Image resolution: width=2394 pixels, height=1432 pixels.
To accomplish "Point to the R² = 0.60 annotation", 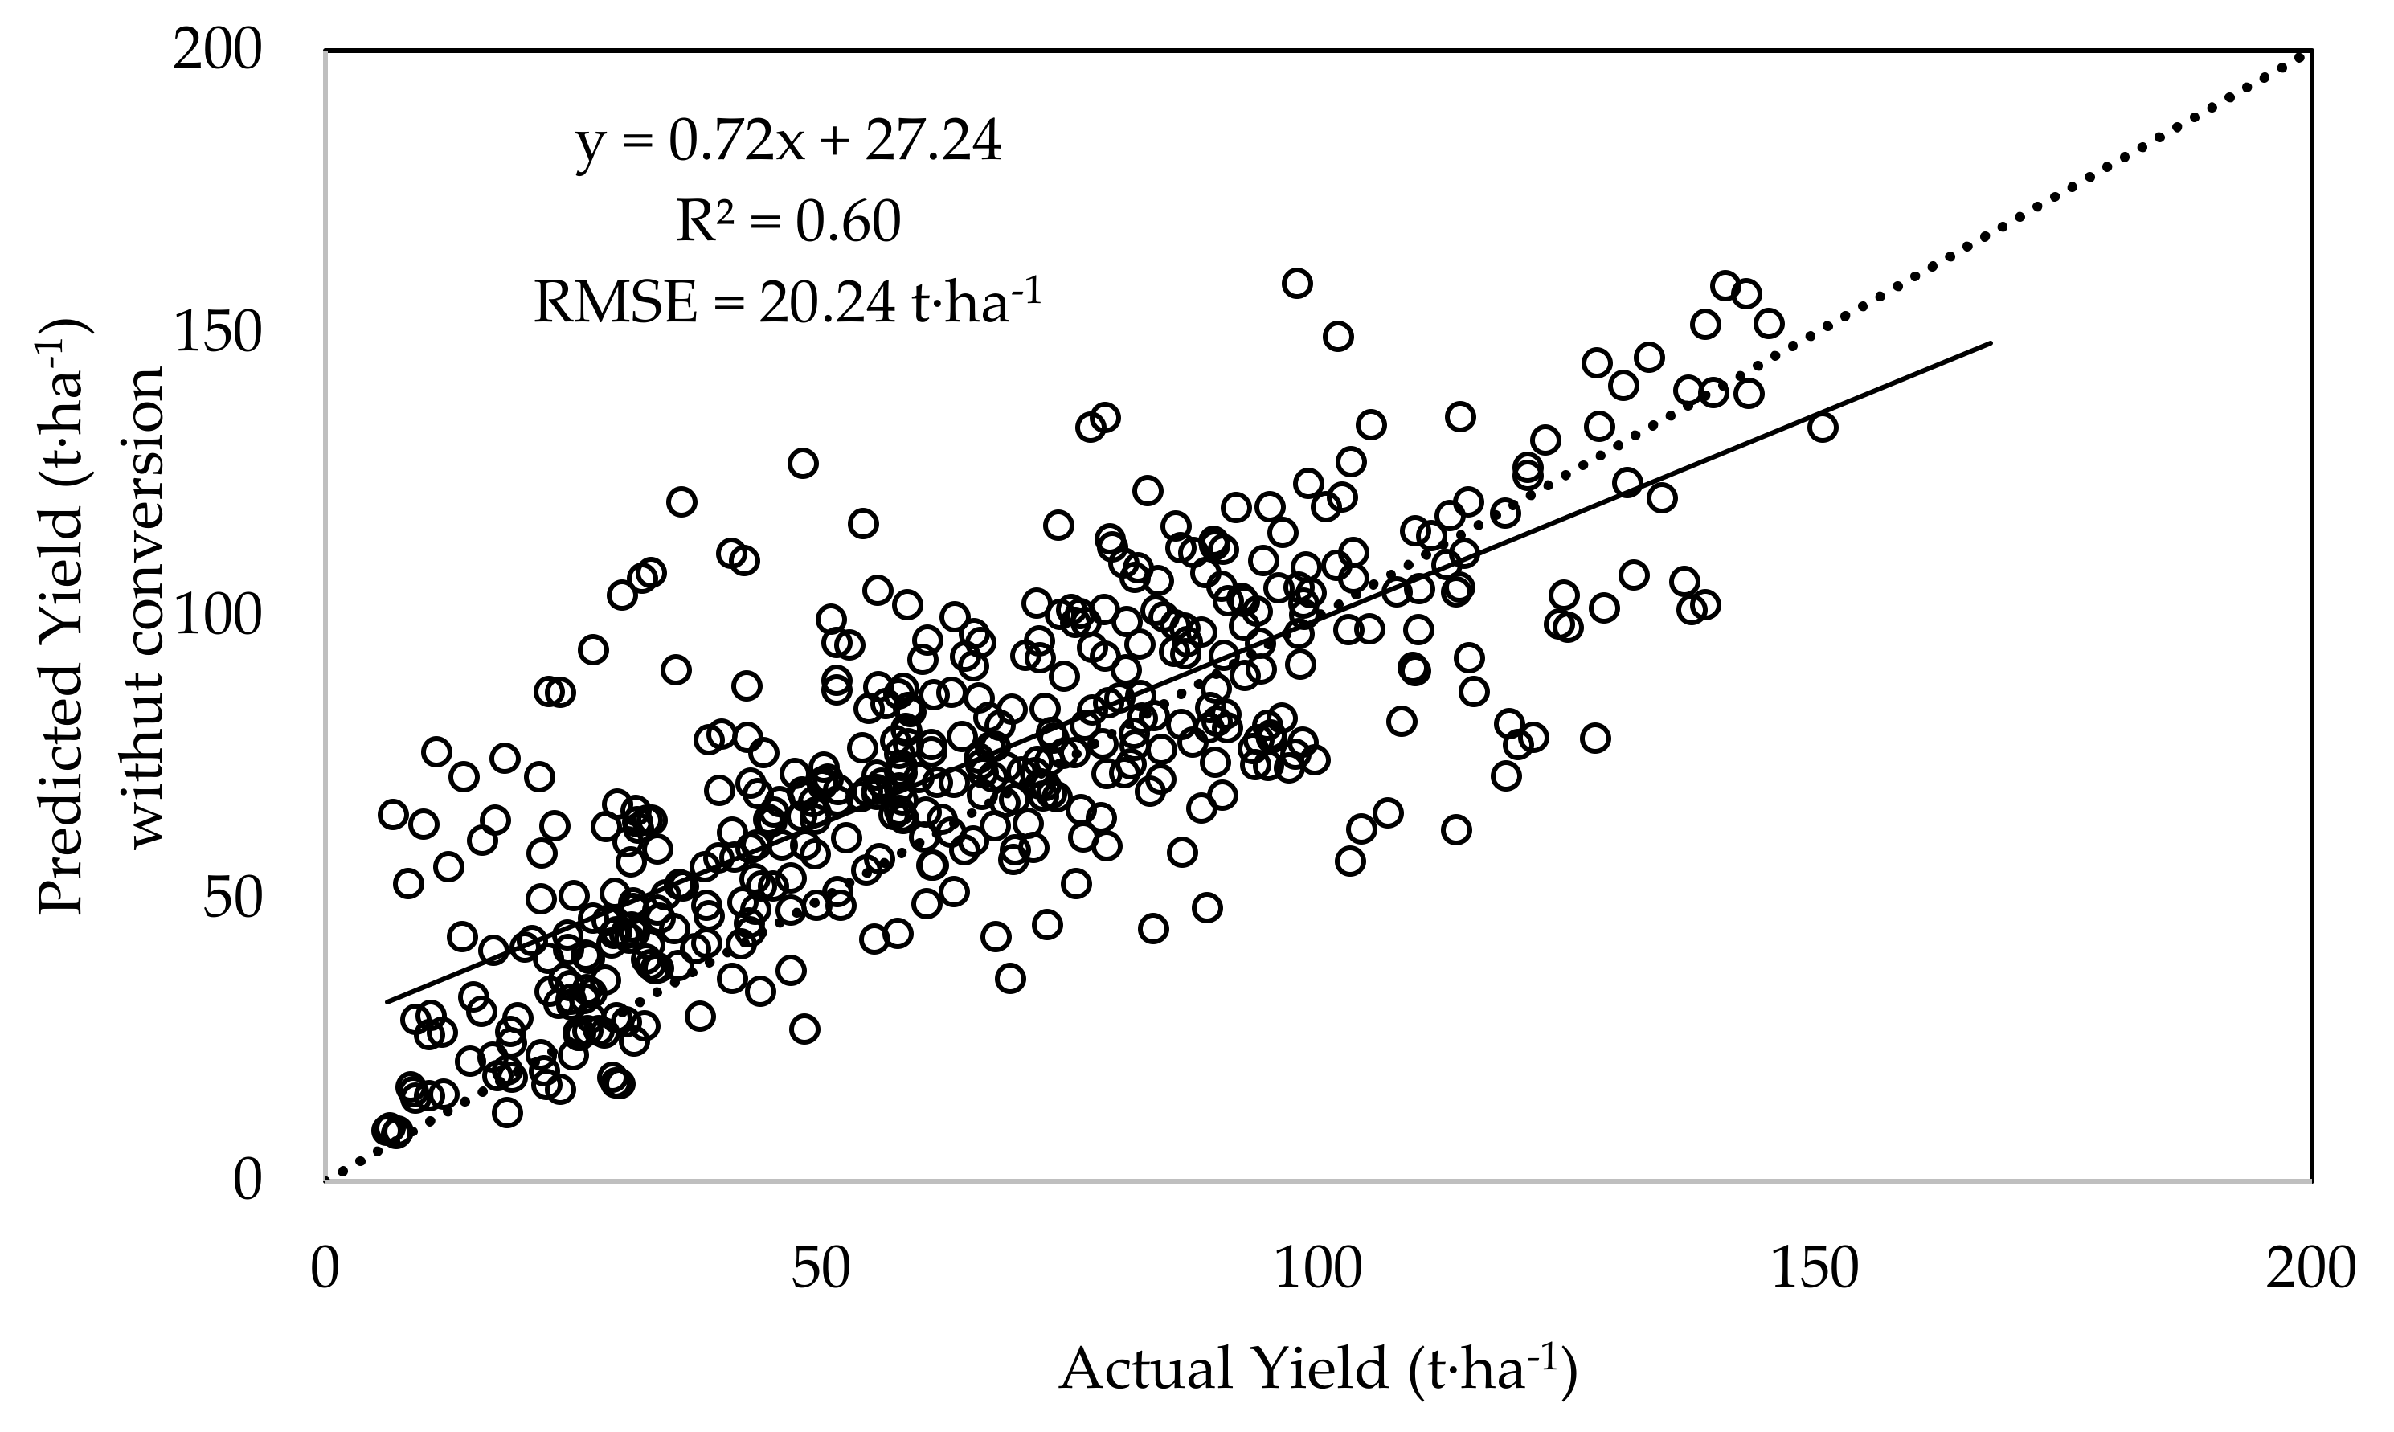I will coord(788,221).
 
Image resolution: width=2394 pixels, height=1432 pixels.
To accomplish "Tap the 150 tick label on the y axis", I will coord(217,332).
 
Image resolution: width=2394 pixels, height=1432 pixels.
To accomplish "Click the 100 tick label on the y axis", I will coord(217,615).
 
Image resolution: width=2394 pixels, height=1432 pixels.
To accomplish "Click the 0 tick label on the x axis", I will coord(325,1268).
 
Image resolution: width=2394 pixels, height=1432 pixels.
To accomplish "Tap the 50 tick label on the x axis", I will coord(821,1268).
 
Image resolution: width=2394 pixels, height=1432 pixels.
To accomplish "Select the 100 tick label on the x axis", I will coord(1318,1268).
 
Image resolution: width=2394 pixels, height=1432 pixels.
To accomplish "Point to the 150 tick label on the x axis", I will coord(1814,1268).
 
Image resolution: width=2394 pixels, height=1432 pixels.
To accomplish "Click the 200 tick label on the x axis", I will coord(2311,1268).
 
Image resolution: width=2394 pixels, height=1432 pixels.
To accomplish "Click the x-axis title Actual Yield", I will coord(1318,1369).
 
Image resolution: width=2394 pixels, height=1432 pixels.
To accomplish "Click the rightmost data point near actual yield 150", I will coord(1822,427).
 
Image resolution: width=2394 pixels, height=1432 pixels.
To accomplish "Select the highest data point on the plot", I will coord(1296,283).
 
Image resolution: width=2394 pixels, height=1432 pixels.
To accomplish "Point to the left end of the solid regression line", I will coord(386,1001).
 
